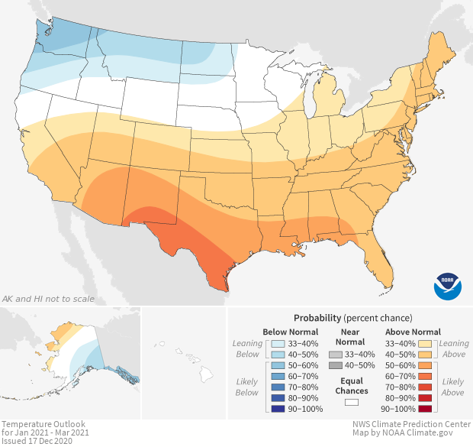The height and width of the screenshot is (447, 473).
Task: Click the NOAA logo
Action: pos(448,284)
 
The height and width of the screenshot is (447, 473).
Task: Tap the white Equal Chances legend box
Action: pos(352,401)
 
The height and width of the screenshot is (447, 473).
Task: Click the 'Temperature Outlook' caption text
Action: pos(43,423)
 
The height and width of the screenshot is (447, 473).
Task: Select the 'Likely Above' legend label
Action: pos(453,387)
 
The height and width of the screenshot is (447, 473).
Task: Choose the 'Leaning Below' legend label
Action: pos(248,349)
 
